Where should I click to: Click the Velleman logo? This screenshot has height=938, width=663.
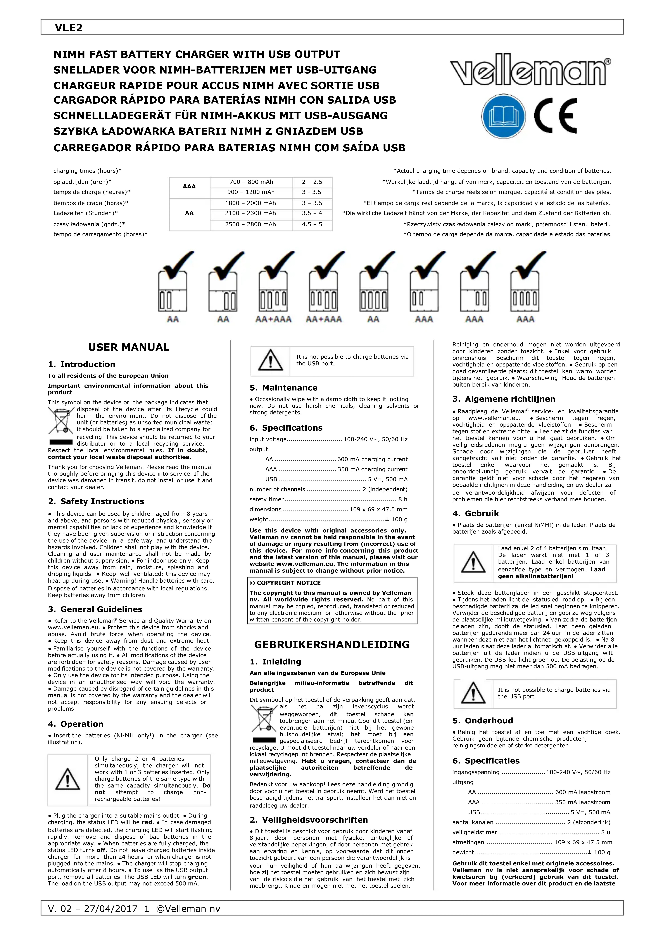pos(530,72)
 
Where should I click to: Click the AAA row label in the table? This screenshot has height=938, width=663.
pos(189,187)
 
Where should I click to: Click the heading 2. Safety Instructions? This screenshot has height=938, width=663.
pos(96,501)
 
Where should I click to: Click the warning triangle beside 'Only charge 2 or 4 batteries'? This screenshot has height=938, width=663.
pos(67,779)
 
